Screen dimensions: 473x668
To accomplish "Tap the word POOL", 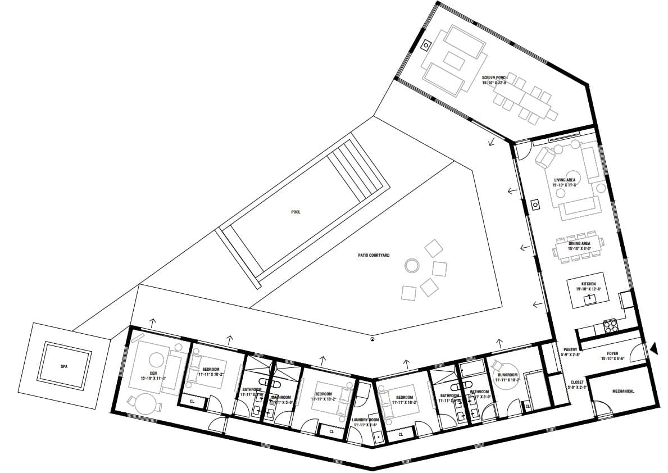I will pyautogui.click(x=296, y=212).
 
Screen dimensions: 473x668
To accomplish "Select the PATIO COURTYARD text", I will pyautogui.click(x=374, y=255).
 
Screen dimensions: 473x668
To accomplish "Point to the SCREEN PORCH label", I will pyautogui.click(x=494, y=76).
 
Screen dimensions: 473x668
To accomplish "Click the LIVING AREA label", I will pyautogui.click(x=564, y=180).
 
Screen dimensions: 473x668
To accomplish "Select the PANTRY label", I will pyautogui.click(x=570, y=349).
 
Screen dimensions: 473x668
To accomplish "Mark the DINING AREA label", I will pyautogui.click(x=578, y=243).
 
